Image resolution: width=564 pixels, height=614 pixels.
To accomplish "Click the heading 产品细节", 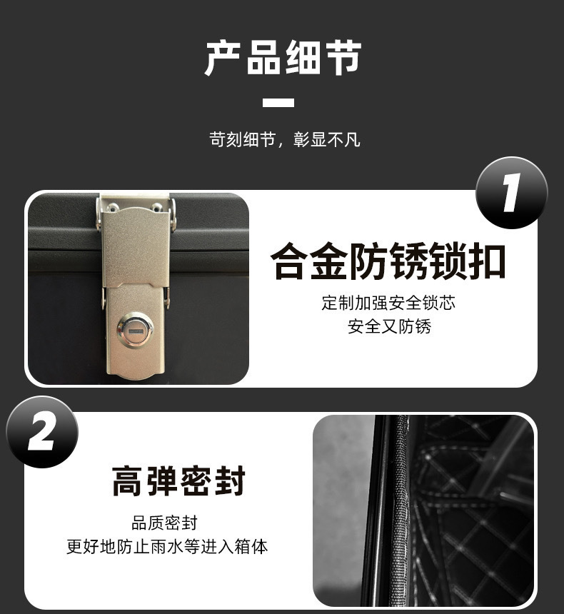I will (x=283, y=58).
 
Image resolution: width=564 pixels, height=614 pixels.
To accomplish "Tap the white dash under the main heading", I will (x=278, y=103).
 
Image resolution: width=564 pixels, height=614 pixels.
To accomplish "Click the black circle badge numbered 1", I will (x=511, y=193).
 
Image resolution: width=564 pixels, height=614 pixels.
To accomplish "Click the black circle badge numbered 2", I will (x=42, y=433).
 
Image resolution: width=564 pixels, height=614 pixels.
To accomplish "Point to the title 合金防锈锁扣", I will (x=388, y=262).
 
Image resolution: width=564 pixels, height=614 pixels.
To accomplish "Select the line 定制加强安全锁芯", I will (x=388, y=303).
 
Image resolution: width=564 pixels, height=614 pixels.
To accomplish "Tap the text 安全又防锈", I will (x=389, y=327).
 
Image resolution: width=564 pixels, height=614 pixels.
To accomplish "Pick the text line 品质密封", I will (x=165, y=523).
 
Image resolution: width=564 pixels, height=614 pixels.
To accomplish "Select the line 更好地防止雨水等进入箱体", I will (x=167, y=547).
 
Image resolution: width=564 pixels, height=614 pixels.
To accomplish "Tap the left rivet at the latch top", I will (x=113, y=207).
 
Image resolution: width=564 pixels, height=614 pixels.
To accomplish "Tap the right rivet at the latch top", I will (x=156, y=208).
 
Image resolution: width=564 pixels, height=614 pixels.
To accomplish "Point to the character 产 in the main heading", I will (x=224, y=58).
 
